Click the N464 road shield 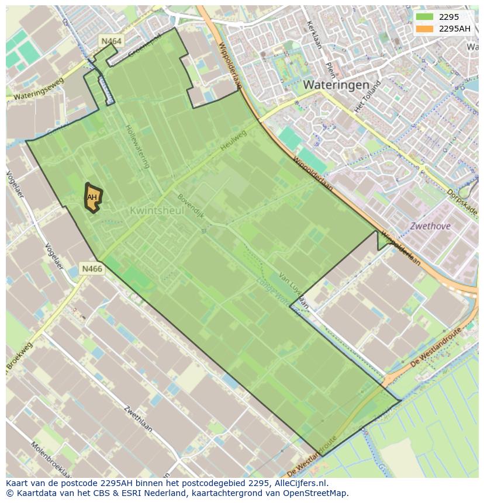111,41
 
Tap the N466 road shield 92,269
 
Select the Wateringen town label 336,85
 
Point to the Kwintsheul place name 157,210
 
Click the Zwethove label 430,226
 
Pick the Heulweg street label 234,141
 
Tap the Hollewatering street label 136,146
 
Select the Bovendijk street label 191,206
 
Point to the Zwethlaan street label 139,419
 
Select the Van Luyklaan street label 293,289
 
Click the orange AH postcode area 92,197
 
